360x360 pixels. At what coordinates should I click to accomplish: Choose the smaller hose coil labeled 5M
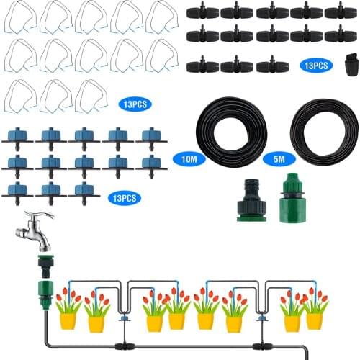324,134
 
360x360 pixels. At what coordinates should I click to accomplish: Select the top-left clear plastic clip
19,17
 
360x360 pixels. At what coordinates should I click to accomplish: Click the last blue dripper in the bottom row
86,191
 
